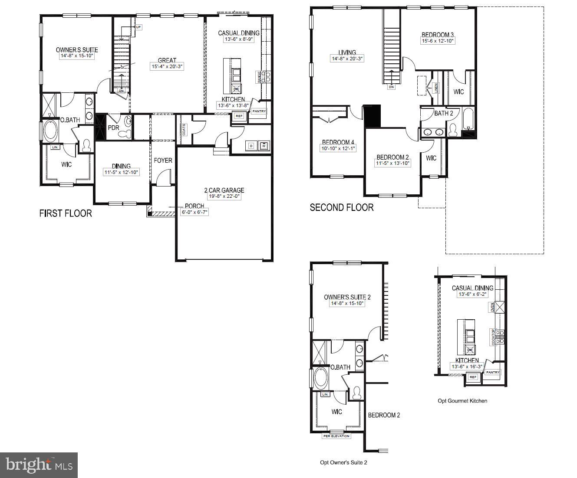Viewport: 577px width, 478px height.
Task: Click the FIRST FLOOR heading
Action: pyautogui.click(x=66, y=213)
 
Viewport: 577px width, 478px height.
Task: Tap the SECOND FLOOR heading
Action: pyautogui.click(x=341, y=208)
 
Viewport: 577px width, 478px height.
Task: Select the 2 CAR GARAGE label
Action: pyautogui.click(x=224, y=190)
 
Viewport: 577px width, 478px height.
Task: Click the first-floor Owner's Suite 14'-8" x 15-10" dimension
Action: pyautogui.click(x=77, y=56)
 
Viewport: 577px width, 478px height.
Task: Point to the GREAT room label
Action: pyautogui.click(x=167, y=60)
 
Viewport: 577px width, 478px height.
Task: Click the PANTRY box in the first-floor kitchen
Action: pyautogui.click(x=259, y=111)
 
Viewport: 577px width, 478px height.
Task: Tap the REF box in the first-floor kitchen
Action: pyautogui.click(x=239, y=116)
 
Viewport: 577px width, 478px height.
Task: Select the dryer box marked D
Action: pyautogui.click(x=251, y=146)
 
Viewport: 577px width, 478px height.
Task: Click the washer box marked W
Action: pyautogui.click(x=263, y=146)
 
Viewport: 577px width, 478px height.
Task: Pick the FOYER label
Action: pyautogui.click(x=163, y=160)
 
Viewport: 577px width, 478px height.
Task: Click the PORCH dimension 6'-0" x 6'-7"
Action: pyautogui.click(x=194, y=212)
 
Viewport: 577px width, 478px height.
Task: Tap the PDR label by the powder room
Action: pyautogui.click(x=113, y=128)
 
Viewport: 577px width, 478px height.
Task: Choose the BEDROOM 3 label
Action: pyautogui.click(x=437, y=35)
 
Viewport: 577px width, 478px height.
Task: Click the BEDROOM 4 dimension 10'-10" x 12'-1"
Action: pyautogui.click(x=338, y=149)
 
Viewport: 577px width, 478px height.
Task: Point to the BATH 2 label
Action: pyautogui.click(x=443, y=113)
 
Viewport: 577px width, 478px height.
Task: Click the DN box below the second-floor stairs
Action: pyautogui.click(x=392, y=87)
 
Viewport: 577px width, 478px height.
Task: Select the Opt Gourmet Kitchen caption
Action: pyautogui.click(x=462, y=401)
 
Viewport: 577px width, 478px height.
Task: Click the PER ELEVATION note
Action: pyautogui.click(x=336, y=436)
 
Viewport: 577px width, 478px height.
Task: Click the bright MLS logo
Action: pyautogui.click(x=39, y=465)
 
